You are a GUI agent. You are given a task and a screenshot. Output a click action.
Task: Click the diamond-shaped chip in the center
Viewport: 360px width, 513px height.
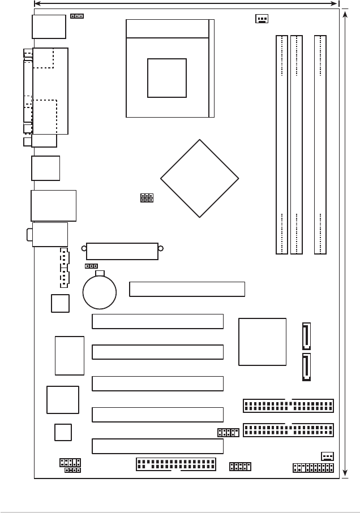(x=199, y=178)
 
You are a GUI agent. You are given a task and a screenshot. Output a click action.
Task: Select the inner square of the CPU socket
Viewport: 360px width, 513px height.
(x=166, y=78)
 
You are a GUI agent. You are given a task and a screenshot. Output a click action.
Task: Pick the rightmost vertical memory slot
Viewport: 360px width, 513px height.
(x=320, y=144)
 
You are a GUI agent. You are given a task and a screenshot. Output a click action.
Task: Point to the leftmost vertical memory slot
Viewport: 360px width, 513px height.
(x=282, y=144)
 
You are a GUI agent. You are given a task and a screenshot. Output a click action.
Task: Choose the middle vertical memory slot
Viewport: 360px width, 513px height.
(x=296, y=144)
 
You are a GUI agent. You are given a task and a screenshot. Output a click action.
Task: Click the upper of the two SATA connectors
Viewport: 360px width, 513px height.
(x=306, y=336)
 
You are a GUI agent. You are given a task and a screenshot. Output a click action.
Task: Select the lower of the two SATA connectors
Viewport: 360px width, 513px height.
(x=306, y=367)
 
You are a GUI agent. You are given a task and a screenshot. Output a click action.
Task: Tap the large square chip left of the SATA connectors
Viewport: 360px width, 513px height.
(x=262, y=342)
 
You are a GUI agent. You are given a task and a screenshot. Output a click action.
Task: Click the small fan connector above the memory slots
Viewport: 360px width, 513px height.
(x=262, y=18)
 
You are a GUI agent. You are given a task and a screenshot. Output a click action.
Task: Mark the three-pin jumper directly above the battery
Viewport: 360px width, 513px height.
(x=92, y=265)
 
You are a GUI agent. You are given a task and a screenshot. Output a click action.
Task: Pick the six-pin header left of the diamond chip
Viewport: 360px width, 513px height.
(x=147, y=198)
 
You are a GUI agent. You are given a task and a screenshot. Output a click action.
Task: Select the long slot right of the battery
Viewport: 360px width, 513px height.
(x=187, y=288)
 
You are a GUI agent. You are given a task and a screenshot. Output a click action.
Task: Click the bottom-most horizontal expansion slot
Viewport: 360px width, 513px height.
(x=157, y=446)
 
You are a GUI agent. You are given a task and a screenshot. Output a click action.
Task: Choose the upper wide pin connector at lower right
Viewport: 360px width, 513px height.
(x=288, y=406)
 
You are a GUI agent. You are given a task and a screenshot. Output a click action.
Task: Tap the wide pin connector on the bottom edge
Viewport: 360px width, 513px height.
(x=176, y=464)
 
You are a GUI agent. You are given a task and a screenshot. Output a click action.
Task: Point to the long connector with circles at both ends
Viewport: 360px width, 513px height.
(x=122, y=251)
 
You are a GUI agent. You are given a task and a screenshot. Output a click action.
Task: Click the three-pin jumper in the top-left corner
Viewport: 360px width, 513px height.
(x=77, y=16)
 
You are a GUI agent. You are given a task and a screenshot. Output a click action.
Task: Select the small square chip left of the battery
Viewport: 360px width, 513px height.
(x=60, y=303)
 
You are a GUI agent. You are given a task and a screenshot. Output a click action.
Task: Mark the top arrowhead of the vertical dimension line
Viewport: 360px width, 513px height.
(x=346, y=13)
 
